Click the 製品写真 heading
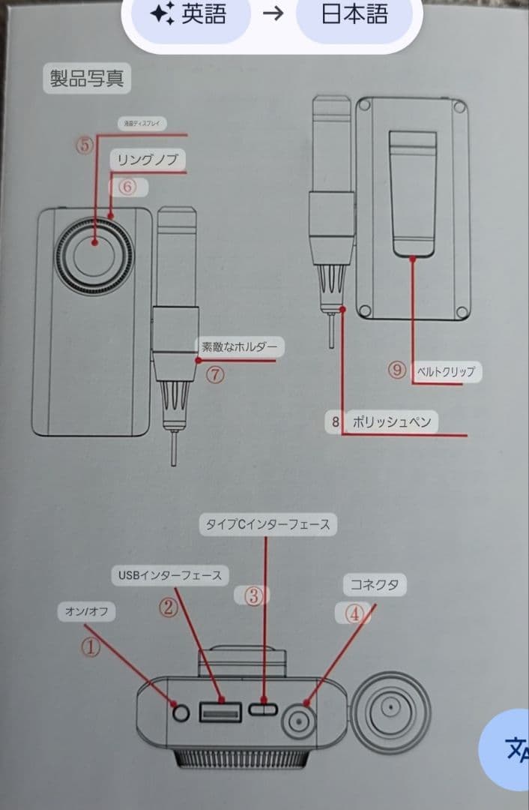[x=86, y=79]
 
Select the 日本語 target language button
[x=354, y=15]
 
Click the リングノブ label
[x=148, y=160]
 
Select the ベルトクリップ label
[x=445, y=371]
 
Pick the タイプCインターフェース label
[x=267, y=524]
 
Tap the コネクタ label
[x=374, y=585]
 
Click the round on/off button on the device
[x=180, y=712]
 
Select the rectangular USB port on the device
[x=220, y=710]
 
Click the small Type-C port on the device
[x=264, y=709]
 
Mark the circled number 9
[x=396, y=369]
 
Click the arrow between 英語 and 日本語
[x=273, y=15]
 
